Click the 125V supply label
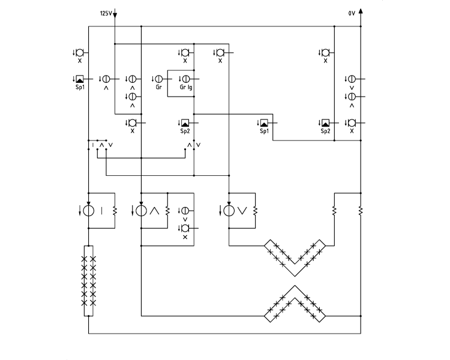[106, 13]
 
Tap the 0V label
[352, 13]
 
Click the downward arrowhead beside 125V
[115, 15]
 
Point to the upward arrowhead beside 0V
[361, 11]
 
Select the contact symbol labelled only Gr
[159, 79]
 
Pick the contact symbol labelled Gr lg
[186, 79]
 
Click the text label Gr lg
[186, 87]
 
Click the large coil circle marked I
[88, 211]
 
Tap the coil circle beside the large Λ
[141, 211]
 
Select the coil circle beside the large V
[229, 211]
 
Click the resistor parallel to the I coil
[115, 211]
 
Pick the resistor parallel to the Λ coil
[167, 211]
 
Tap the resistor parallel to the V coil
[255, 211]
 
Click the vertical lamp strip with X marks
[88, 281]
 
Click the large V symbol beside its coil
[242, 211]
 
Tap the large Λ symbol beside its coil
[154, 211]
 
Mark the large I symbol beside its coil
[101, 211]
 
